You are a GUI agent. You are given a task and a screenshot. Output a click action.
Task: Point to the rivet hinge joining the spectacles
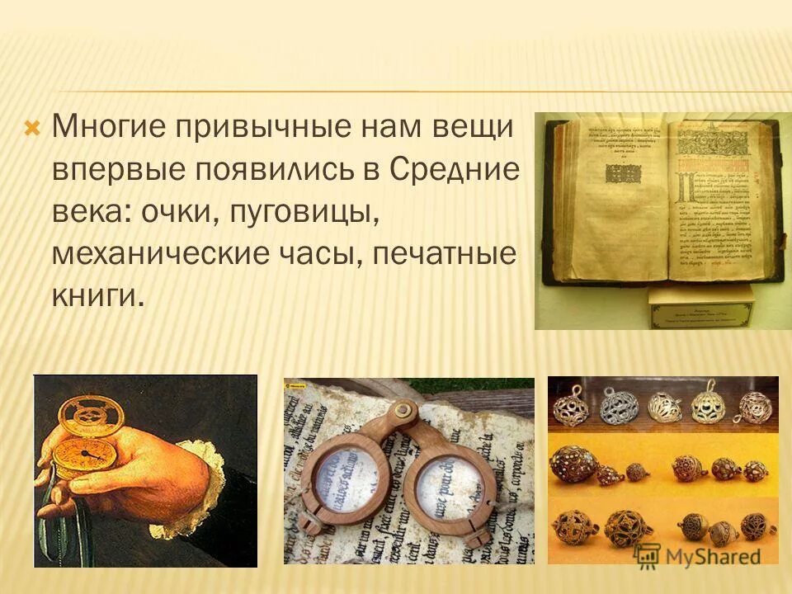[403, 408]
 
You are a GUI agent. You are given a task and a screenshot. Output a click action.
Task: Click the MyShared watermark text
[709, 555]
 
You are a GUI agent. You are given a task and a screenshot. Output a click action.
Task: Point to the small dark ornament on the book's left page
[621, 173]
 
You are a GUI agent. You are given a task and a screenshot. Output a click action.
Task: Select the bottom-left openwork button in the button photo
[573, 528]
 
